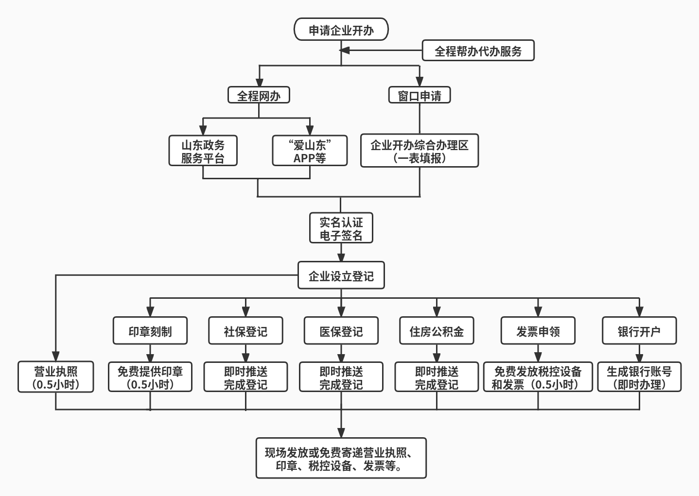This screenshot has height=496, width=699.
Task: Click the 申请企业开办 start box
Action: (x=341, y=30)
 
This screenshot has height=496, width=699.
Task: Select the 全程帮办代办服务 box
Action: (x=478, y=51)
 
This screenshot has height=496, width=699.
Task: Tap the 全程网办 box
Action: (x=259, y=95)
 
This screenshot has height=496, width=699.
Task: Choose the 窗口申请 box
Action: (x=419, y=95)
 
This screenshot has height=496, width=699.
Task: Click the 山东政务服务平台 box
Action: (x=203, y=151)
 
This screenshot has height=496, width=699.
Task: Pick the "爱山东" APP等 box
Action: (x=310, y=151)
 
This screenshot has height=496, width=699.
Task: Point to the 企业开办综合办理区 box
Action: (x=419, y=151)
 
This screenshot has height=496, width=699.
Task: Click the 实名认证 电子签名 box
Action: (x=341, y=228)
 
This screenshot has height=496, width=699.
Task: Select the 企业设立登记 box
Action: (x=341, y=276)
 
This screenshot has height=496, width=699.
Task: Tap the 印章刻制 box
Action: (x=150, y=331)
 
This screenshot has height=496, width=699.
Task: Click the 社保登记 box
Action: (x=245, y=331)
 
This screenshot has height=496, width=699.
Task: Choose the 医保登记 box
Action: (x=341, y=331)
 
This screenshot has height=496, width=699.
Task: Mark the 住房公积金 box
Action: (x=437, y=331)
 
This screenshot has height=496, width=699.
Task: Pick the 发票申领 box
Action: (x=538, y=331)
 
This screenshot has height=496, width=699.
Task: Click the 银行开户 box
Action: (x=639, y=331)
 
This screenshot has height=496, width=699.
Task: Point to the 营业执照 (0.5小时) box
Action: (x=56, y=377)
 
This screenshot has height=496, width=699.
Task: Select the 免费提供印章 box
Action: (x=150, y=377)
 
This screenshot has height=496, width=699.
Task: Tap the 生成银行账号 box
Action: (x=639, y=377)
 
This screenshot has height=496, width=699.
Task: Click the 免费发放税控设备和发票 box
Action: (x=538, y=377)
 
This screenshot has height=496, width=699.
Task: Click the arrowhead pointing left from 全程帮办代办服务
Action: (x=345, y=51)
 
